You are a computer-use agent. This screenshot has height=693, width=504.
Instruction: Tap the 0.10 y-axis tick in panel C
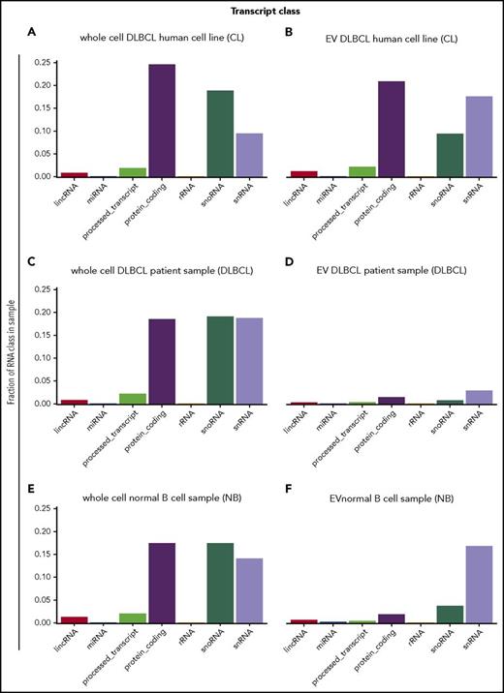(x=43, y=358)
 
